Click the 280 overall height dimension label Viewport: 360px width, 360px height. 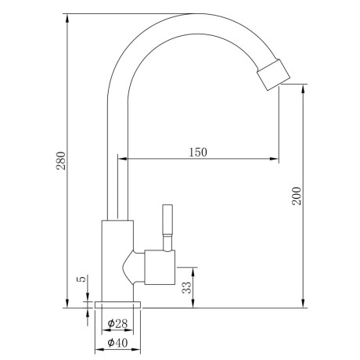tap(61, 160)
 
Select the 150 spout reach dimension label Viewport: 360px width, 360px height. tap(198, 153)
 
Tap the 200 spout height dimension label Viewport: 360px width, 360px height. tap(297, 196)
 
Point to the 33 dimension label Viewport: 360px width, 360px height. tap(187, 288)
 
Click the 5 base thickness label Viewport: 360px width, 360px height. tap(81, 279)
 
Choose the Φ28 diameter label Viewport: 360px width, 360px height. tap(117, 324)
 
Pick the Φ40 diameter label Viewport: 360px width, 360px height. tap(117, 343)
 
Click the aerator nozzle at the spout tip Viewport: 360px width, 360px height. tap(273, 75)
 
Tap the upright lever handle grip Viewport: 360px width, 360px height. tap(167, 219)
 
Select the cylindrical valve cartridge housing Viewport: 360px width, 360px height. tap(160, 267)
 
